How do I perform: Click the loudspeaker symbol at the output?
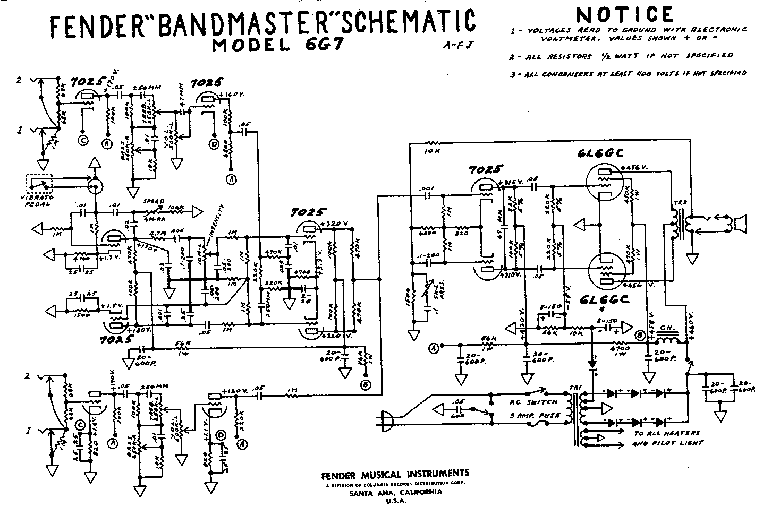(740, 224)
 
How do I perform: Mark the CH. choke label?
(666, 327)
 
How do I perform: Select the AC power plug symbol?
(385, 420)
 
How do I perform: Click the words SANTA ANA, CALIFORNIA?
(394, 492)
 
